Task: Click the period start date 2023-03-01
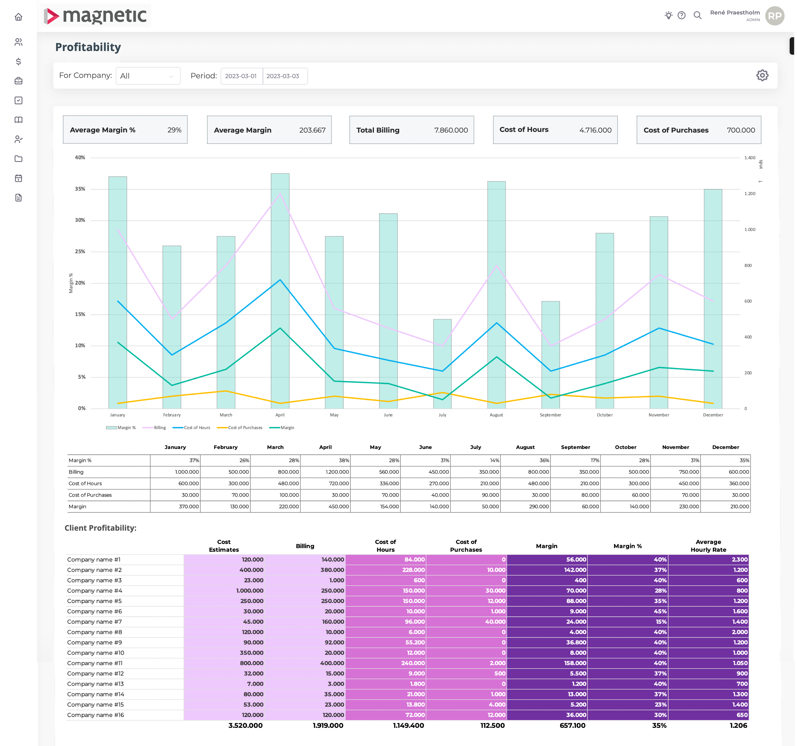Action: (241, 76)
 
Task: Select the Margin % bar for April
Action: (280, 291)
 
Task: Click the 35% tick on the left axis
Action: (80, 189)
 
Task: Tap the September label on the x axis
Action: (550, 415)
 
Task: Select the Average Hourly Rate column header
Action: (708, 546)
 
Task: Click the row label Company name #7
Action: (95, 622)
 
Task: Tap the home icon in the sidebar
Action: (18, 17)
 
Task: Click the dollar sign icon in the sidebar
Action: (18, 61)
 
